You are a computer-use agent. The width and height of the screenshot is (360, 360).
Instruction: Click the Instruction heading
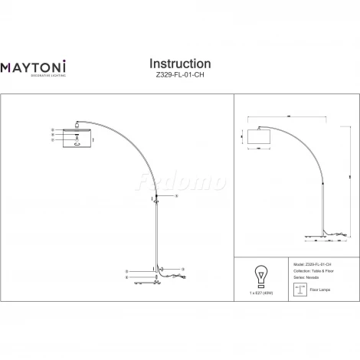point(179,63)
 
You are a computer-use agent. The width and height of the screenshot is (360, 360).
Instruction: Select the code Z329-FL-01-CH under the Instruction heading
point(179,75)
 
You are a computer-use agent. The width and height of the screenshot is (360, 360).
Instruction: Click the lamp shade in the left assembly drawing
point(77,138)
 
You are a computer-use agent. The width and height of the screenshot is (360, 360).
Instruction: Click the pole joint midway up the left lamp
point(156,198)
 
